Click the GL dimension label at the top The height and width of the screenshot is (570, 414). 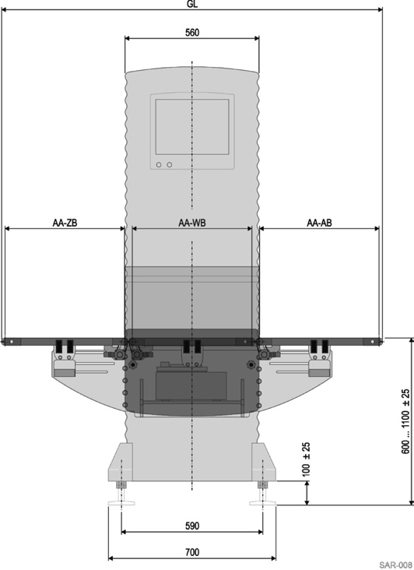pos(192,4)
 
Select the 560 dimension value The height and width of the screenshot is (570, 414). pos(192,33)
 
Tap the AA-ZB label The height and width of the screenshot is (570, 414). pos(65,223)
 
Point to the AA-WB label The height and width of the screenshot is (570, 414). pos(192,223)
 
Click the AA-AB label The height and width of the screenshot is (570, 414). pos(319,223)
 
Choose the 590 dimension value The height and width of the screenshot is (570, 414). pos(192,526)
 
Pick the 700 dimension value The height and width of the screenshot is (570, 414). pos(192,552)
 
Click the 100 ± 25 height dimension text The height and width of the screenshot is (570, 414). pos(306,459)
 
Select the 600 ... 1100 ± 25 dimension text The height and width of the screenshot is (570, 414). pos(405,421)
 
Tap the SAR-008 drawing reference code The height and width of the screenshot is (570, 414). pos(396,565)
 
